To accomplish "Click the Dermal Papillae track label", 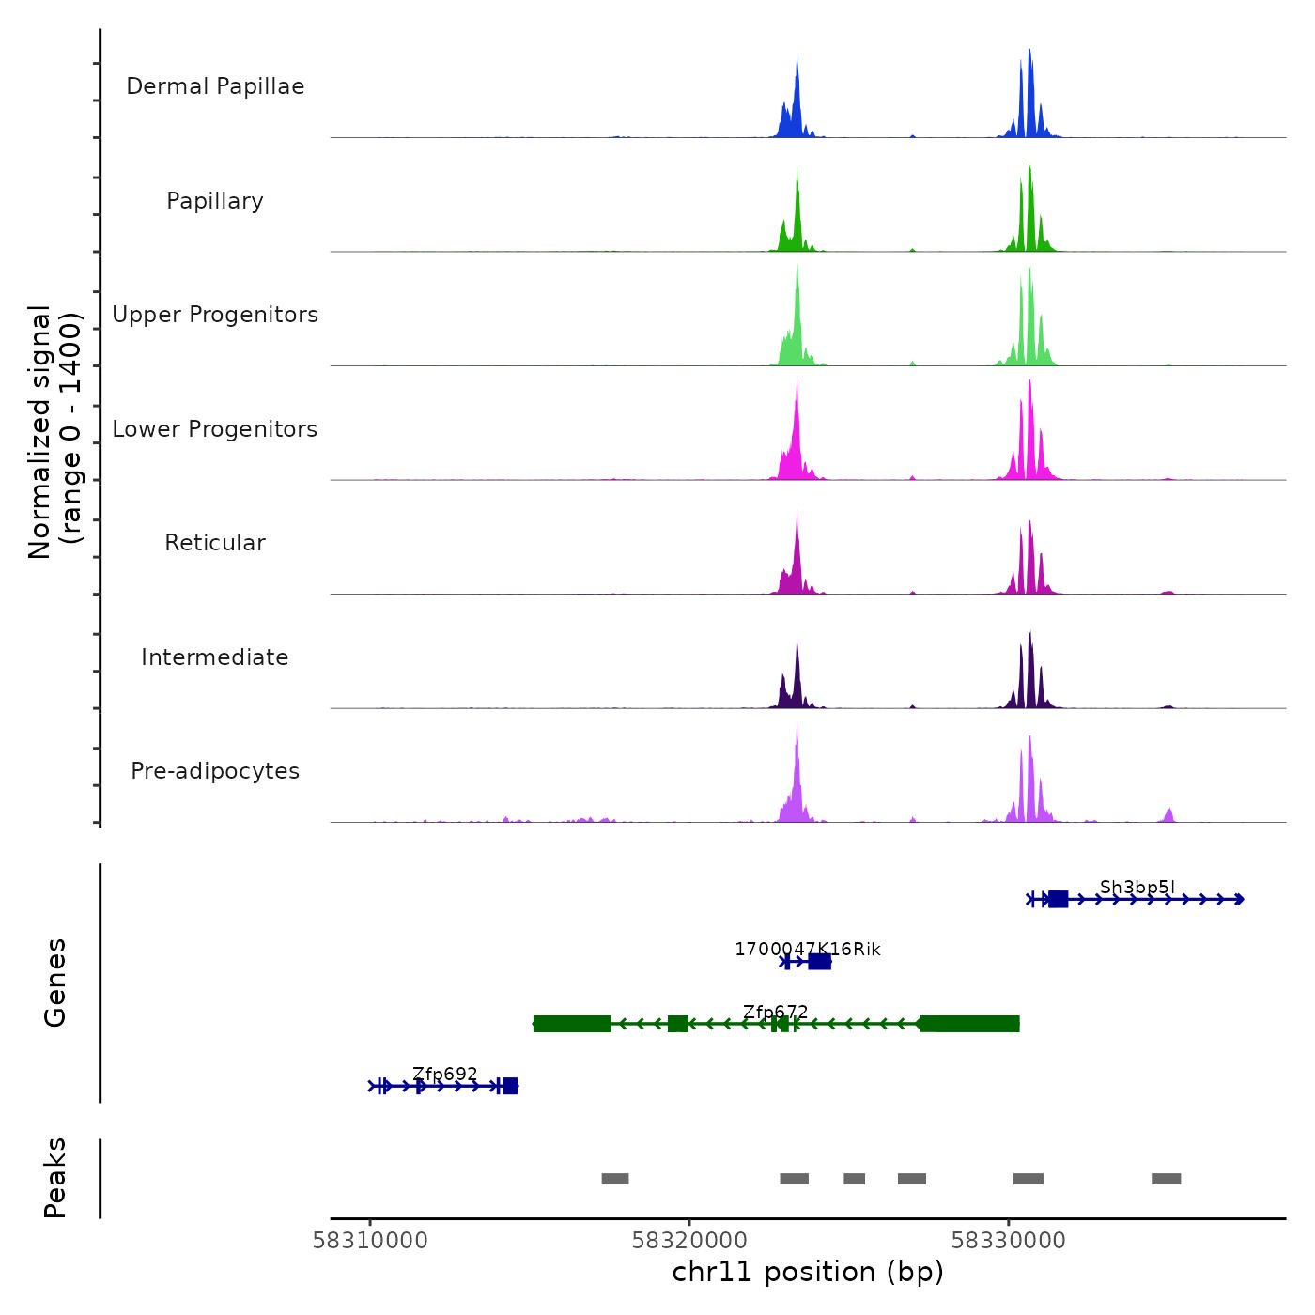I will coord(215,86).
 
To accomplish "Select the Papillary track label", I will coord(215,201).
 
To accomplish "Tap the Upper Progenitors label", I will coord(215,315).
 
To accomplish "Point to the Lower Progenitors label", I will coord(215,429).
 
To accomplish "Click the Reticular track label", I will coord(215,543).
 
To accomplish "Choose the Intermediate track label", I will coord(215,657).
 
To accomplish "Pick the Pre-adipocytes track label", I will coord(215,771).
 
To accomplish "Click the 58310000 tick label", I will coord(370,1241).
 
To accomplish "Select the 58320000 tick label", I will coord(689,1241).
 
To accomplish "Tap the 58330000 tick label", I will coord(1009,1241).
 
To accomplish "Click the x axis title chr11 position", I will coord(808,1273).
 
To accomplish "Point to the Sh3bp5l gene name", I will coord(1137,888).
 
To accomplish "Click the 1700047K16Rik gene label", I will coord(808,950).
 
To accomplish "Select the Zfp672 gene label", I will coord(776,1013).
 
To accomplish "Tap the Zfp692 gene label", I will coord(445,1075).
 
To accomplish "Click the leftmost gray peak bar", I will coord(615,1179).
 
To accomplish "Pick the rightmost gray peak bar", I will coord(1167,1179).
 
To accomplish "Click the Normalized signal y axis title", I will coord(54,431).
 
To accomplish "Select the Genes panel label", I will coord(55,982).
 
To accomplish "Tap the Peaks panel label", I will coord(55,1178).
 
